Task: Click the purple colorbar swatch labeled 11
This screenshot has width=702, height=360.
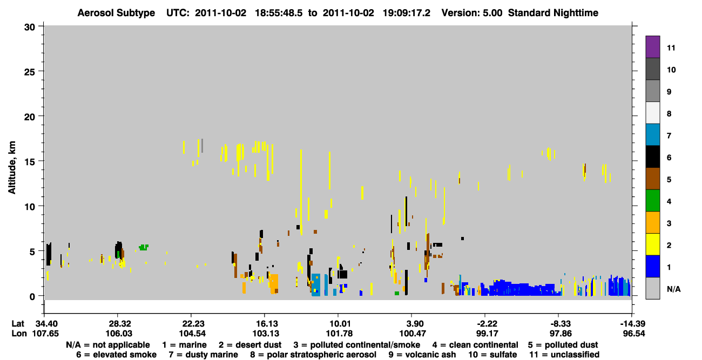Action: (x=652, y=47)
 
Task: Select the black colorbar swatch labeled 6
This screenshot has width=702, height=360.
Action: (x=652, y=157)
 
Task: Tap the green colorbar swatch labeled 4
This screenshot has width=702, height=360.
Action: (x=652, y=201)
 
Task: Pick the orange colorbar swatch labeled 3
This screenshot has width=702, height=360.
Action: (x=652, y=222)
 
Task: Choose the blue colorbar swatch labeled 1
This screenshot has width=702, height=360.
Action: (x=652, y=266)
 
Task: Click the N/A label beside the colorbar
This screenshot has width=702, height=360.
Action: (x=673, y=289)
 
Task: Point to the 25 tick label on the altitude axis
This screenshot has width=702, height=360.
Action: (x=30, y=72)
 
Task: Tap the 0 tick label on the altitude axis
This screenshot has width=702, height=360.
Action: (x=32, y=296)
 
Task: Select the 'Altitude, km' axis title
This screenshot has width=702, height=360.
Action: (x=12, y=168)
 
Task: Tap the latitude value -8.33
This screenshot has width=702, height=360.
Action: (x=561, y=324)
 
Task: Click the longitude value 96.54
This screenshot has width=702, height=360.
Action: (x=633, y=334)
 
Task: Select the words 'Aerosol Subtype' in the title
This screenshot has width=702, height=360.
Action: (x=116, y=13)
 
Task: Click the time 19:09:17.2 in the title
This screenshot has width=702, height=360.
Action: (x=407, y=13)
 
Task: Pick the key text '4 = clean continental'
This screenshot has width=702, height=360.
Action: (x=475, y=345)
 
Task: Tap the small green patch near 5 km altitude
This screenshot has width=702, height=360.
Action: (x=144, y=247)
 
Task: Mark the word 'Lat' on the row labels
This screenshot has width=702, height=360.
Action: (x=18, y=324)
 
